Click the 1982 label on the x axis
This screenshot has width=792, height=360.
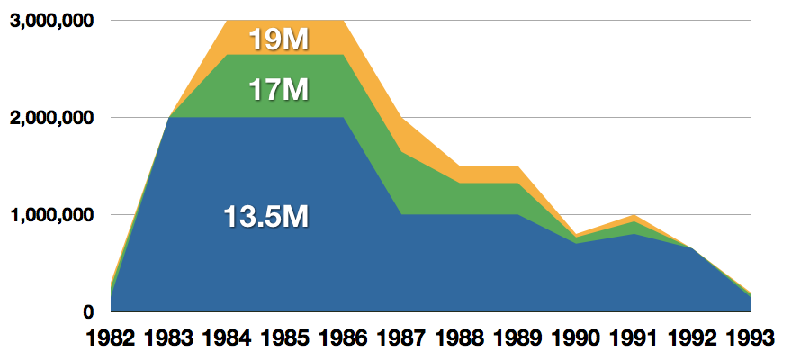tap(112, 339)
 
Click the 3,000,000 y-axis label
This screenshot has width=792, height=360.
tap(52, 21)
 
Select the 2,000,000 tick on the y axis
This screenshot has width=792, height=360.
tap(52, 118)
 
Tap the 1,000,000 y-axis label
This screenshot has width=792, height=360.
tap(52, 215)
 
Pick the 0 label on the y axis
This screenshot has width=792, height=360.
tap(89, 312)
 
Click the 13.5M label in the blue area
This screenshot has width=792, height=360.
tap(266, 216)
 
